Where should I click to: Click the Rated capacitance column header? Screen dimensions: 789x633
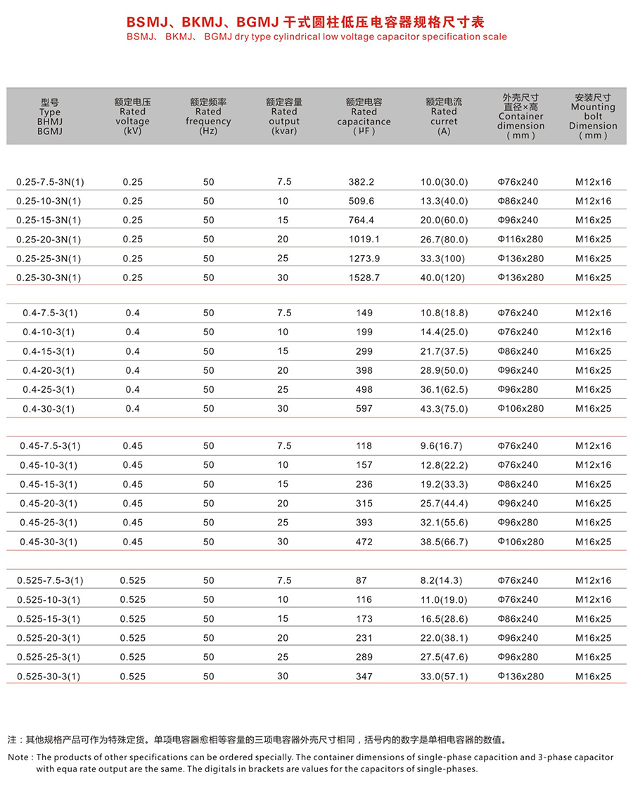(364, 117)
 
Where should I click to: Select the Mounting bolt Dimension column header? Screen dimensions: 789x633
(592, 117)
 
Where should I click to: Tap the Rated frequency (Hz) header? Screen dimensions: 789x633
(208, 117)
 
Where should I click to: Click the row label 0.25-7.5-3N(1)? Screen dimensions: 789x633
(49, 182)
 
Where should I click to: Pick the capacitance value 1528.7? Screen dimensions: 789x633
(364, 278)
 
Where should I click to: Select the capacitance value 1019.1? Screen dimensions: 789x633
(364, 239)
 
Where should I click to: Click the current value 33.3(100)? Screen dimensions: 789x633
(443, 259)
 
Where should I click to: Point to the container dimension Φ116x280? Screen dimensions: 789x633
(520, 239)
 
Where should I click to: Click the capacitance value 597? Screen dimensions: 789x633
(364, 409)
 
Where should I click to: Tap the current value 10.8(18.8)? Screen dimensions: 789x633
(443, 313)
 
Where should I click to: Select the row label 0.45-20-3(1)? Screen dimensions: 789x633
(49, 504)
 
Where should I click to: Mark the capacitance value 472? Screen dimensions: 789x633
(364, 542)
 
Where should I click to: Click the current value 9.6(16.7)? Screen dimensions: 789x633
(443, 446)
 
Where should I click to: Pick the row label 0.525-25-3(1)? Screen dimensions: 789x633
(49, 658)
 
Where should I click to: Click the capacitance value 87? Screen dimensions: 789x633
(364, 580)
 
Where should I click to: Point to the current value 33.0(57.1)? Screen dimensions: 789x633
(443, 677)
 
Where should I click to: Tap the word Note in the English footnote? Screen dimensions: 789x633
(18, 757)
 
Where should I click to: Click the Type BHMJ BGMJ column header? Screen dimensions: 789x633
(50, 117)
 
